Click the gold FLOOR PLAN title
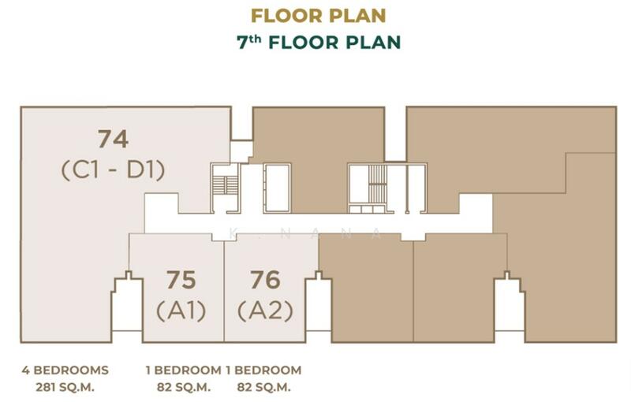[x=319, y=16]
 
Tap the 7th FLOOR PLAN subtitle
[x=319, y=43]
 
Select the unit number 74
[x=113, y=139]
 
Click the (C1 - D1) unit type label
[x=113, y=170]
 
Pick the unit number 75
[x=181, y=280]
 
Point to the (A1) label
[x=181, y=311]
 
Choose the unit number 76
[x=265, y=280]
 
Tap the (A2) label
[x=265, y=311]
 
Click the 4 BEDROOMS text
[x=65, y=370]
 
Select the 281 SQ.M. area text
[x=65, y=388]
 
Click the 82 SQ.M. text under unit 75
[x=184, y=388]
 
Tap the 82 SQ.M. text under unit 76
[x=263, y=388]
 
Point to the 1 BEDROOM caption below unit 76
[x=263, y=370]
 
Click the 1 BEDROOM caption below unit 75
[x=184, y=370]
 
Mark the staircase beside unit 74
[x=225, y=186]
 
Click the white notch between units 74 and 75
[x=127, y=306]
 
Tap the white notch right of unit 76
[x=319, y=306]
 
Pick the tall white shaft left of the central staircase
[x=277, y=188]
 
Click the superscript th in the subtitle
[x=255, y=39]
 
